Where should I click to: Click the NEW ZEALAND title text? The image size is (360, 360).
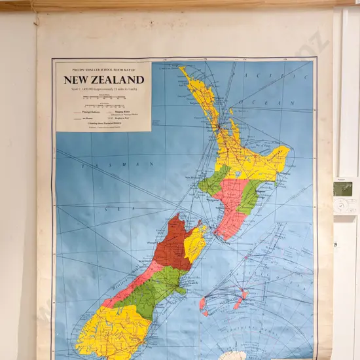[x=103, y=80]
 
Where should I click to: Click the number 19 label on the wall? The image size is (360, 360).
[x=336, y=244]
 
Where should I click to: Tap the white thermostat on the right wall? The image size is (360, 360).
[x=344, y=206]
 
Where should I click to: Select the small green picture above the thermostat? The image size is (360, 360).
[x=343, y=189]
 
